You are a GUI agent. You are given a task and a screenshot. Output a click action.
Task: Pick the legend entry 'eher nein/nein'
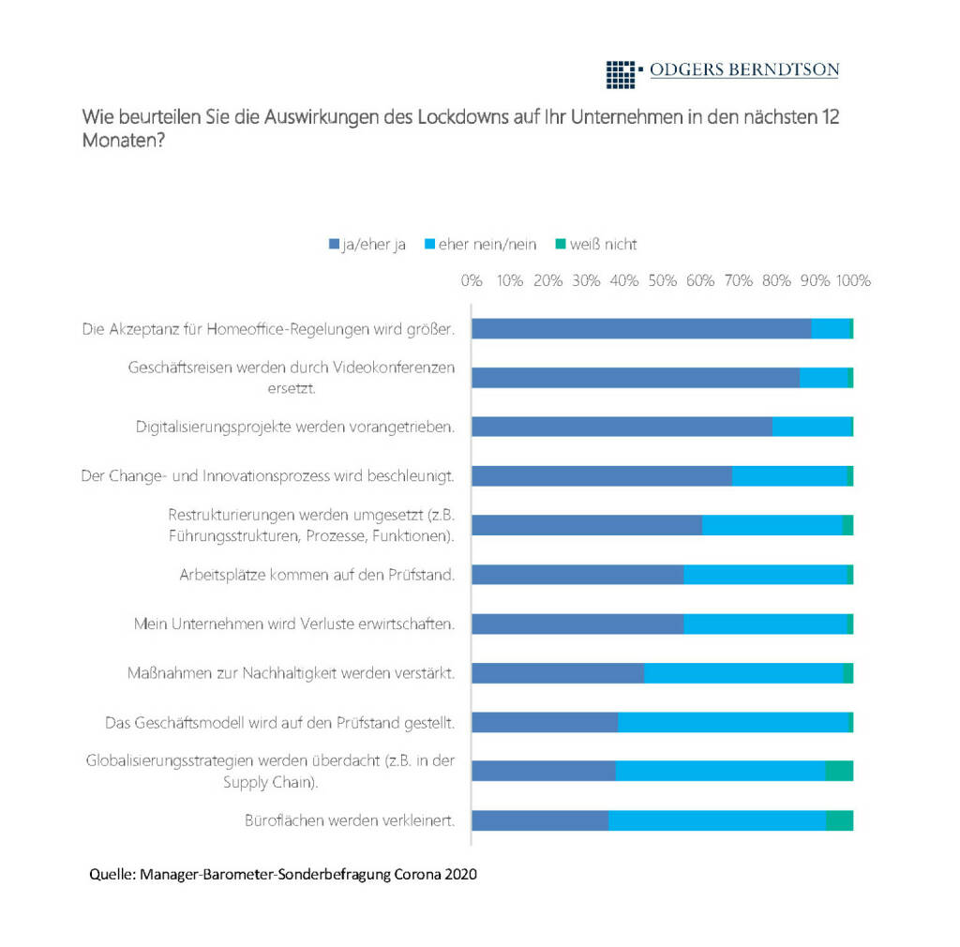481,244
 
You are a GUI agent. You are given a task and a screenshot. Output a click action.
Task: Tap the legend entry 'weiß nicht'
596,244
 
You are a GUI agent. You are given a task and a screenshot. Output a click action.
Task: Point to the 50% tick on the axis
662,280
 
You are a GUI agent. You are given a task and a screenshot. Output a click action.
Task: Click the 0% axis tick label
472,280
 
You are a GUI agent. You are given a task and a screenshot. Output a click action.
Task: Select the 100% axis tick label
853,280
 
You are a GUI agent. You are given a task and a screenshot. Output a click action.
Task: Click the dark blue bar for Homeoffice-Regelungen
640,328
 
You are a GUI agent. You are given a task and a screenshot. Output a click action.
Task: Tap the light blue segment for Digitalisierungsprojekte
811,427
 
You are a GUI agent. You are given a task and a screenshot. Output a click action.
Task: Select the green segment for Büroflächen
839,820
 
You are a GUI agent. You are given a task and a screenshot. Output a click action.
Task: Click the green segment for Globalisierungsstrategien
838,771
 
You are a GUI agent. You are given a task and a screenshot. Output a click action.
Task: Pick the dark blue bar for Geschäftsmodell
544,722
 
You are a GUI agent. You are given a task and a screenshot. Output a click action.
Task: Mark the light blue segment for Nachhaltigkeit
742,672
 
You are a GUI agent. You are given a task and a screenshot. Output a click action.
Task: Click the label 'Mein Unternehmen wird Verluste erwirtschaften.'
293,624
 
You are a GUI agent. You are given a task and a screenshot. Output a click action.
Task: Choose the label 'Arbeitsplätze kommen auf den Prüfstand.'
317,575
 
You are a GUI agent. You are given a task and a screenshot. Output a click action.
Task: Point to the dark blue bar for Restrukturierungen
586,525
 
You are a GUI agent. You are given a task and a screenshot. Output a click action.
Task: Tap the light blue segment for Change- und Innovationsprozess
788,476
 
